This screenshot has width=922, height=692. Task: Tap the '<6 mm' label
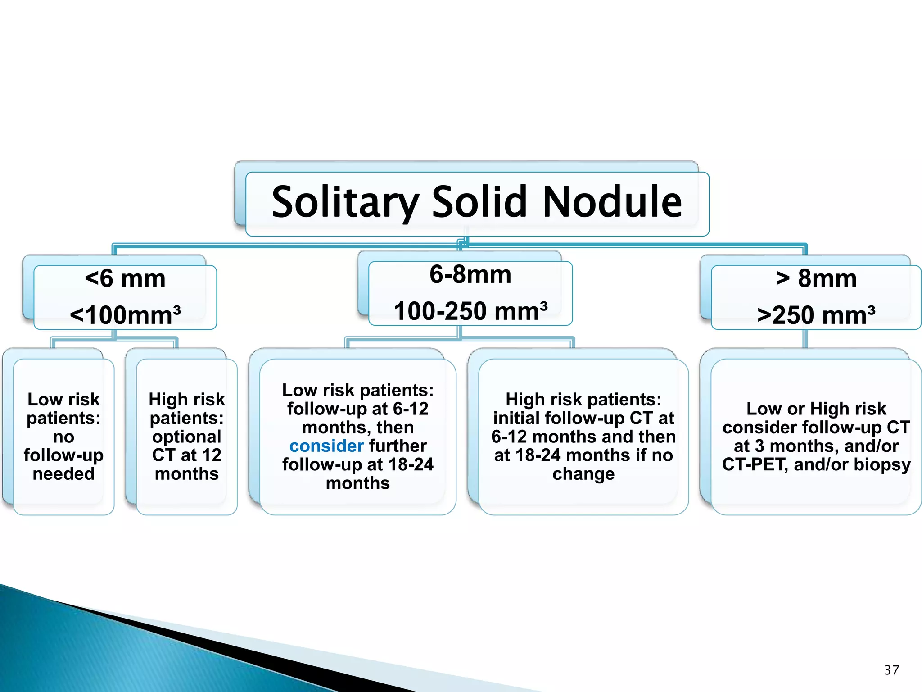tap(125, 278)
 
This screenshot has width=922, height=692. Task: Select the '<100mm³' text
tap(125, 315)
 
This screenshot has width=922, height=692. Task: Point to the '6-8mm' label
tap(470, 274)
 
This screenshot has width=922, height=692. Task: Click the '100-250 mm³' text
tap(470, 311)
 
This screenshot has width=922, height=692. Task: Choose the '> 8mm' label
tap(816, 278)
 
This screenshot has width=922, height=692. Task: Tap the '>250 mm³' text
tap(816, 315)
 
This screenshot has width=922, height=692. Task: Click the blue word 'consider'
tap(326, 446)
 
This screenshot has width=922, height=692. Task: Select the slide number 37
tap(891, 670)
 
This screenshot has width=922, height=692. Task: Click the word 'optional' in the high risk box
tap(187, 437)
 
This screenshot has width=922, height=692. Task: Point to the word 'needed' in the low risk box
tap(63, 473)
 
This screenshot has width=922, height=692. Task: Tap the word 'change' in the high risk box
tap(583, 474)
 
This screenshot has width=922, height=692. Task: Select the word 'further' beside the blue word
tap(398, 446)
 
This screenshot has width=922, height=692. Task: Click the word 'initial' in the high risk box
tap(516, 418)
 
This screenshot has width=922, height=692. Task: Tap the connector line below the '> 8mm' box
tap(805, 339)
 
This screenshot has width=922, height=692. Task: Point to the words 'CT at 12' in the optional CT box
tap(187, 455)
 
